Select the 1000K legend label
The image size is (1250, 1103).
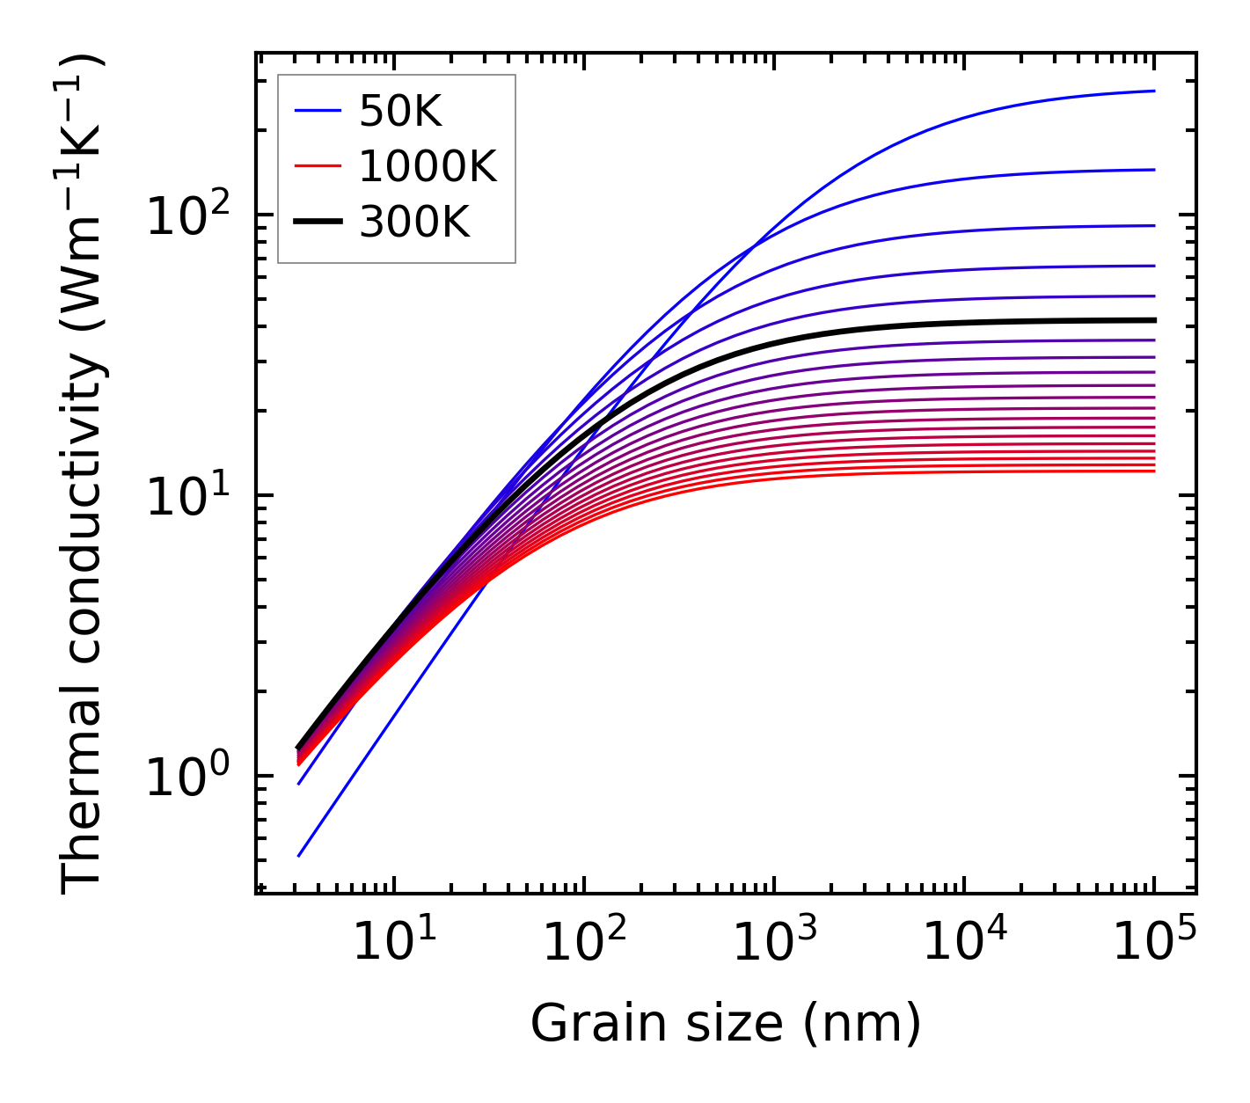tap(428, 166)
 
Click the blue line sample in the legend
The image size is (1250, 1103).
tap(318, 111)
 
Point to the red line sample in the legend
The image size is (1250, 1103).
tap(318, 166)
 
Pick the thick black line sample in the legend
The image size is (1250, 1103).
tap(318, 223)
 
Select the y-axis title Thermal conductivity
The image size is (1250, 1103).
tap(84, 475)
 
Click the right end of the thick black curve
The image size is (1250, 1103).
tap(1154, 320)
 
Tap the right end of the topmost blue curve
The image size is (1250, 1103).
tap(1154, 91)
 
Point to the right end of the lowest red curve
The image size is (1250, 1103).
tap(1154, 471)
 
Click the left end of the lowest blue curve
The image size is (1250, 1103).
tap(299, 856)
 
